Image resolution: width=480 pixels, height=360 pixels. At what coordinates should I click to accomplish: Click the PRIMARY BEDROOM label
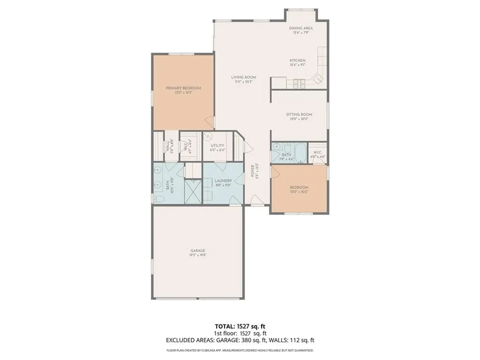coord(183,88)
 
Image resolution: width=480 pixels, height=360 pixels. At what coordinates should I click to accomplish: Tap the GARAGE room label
coord(197,251)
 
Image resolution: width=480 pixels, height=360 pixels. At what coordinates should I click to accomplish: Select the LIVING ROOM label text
coord(243,77)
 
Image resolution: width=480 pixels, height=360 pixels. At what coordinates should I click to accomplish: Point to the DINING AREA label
coord(300,28)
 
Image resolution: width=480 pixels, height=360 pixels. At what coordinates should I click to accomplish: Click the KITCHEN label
coord(297,60)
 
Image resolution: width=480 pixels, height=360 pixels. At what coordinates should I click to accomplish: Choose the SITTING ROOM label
coord(299,114)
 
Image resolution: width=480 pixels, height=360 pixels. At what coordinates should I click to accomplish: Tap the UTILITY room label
coord(217,145)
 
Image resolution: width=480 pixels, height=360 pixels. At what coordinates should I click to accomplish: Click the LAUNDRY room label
coord(223,180)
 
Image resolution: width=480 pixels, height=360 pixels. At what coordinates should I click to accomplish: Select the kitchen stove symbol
coord(299,84)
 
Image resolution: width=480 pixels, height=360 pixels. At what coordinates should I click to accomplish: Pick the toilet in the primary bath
coord(157,199)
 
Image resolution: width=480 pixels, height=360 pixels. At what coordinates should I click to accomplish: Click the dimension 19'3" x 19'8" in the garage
coord(197,255)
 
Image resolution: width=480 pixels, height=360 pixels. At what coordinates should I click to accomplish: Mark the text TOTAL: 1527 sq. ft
coord(240,326)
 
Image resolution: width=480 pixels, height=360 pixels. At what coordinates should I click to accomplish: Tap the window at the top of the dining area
coord(301,9)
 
